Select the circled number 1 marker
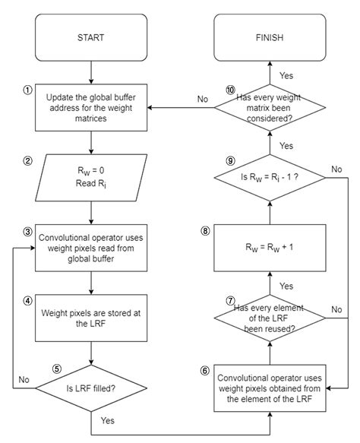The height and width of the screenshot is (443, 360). pyautogui.click(x=27, y=88)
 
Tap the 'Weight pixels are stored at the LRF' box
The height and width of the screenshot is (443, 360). pyautogui.click(x=91, y=318)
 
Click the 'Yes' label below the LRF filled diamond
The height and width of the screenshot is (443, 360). pyautogui.click(x=109, y=419)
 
